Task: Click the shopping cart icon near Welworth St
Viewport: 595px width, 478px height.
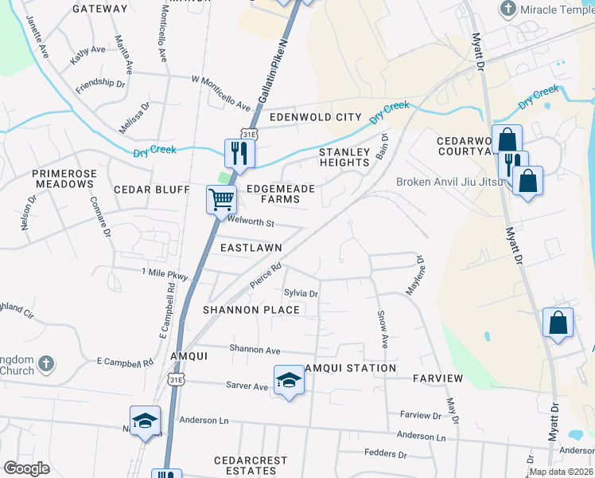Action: pyautogui.click(x=222, y=199)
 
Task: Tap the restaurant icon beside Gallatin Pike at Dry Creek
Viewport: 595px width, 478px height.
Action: pyautogui.click(x=238, y=153)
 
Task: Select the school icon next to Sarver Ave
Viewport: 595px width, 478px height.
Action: pyautogui.click(x=289, y=380)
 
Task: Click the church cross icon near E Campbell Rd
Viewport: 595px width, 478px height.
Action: pyautogui.click(x=46, y=364)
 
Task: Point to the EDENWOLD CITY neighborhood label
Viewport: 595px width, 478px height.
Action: pyautogui.click(x=314, y=117)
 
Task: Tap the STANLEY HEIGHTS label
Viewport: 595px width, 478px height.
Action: pyautogui.click(x=344, y=157)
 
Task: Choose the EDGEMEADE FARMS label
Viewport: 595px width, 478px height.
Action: pyautogui.click(x=281, y=194)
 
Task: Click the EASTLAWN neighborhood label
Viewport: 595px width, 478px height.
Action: pyautogui.click(x=247, y=249)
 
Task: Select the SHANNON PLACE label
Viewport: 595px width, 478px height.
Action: pyautogui.click(x=251, y=310)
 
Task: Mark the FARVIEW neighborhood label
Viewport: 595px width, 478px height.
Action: pyautogui.click(x=437, y=378)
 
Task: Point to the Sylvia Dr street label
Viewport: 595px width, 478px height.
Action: pyautogui.click(x=301, y=294)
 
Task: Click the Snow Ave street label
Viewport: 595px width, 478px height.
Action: pyautogui.click(x=383, y=329)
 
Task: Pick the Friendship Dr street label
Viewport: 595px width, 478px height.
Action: pyautogui.click(x=100, y=84)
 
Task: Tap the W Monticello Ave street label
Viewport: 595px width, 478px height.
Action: pyautogui.click(x=221, y=88)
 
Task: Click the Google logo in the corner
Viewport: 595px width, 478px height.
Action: pyautogui.click(x=27, y=468)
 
